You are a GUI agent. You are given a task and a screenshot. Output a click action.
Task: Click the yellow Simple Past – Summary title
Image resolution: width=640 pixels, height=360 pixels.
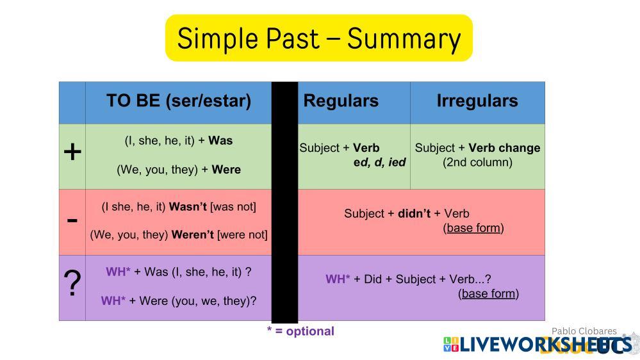tap(319, 38)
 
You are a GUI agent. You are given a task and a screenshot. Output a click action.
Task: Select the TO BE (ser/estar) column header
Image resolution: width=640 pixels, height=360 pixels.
tap(179, 101)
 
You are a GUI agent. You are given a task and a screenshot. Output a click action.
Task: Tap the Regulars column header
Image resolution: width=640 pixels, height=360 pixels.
tap(341, 101)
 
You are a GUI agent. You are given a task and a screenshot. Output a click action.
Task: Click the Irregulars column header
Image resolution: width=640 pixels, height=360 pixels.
tap(477, 101)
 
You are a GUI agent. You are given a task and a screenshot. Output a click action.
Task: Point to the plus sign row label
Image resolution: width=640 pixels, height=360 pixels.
tap(72, 152)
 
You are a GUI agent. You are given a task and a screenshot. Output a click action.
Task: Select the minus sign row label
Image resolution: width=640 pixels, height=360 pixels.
tap(72, 221)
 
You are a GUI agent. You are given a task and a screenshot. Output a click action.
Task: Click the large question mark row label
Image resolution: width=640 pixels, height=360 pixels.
tap(72, 283)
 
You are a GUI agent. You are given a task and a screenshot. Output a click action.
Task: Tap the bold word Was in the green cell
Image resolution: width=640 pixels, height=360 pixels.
tap(220, 140)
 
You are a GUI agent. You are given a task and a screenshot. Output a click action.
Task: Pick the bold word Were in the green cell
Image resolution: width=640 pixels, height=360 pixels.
tap(226, 169)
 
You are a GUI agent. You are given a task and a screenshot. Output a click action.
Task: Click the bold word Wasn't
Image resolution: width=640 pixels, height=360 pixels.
tap(188, 206)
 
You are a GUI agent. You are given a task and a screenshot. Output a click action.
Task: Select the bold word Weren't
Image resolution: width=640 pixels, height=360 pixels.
tap(193, 234)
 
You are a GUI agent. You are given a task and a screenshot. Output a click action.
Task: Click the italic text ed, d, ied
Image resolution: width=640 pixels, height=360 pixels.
tap(380, 163)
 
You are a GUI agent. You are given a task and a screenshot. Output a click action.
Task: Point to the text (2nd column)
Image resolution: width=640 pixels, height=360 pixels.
tap(477, 163)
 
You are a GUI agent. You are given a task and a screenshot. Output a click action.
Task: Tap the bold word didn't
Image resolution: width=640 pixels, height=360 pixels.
tap(414, 213)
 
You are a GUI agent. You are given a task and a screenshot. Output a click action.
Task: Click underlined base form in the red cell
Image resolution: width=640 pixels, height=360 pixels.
tap(473, 228)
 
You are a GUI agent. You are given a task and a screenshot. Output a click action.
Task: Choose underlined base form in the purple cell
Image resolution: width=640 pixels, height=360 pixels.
tap(489, 293)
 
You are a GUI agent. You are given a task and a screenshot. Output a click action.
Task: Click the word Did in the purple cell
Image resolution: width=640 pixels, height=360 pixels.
tap(373, 279)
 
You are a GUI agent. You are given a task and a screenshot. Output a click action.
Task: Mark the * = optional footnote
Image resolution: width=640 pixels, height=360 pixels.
tap(300, 331)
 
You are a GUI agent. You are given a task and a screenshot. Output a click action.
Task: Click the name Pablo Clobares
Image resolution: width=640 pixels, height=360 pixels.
tap(584, 331)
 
